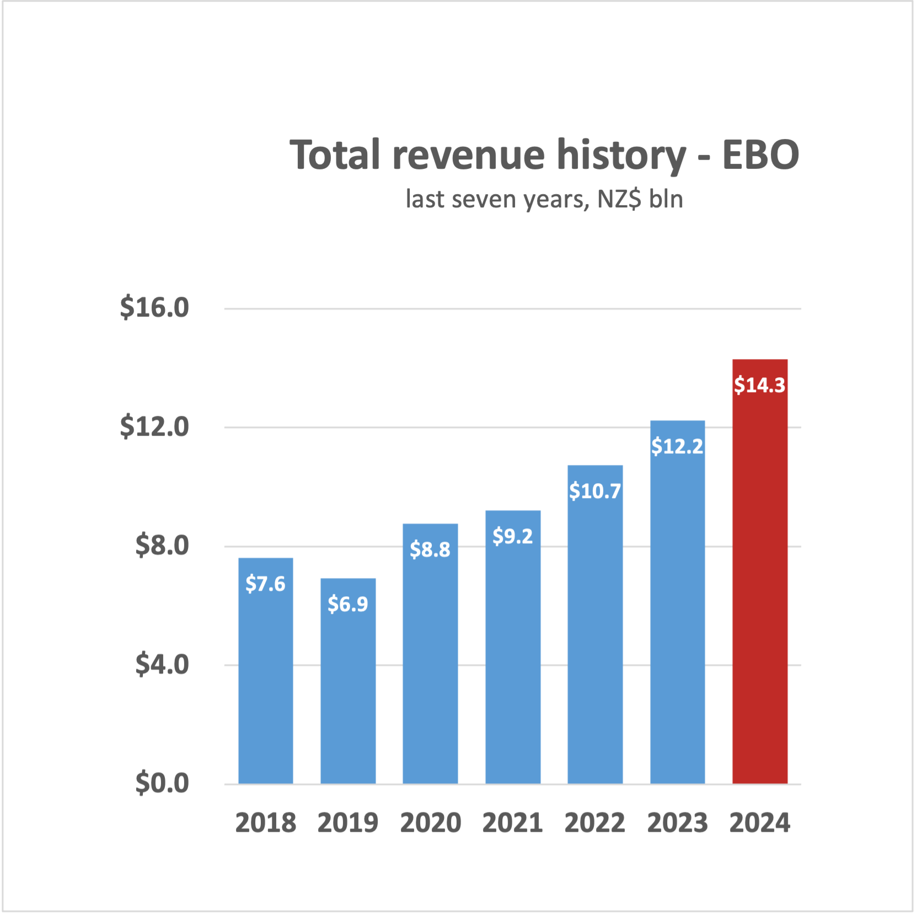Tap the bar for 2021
513,662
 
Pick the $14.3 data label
759,384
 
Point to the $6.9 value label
348,604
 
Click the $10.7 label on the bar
595,490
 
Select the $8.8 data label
430,549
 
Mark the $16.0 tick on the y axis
154,307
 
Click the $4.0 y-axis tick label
162,664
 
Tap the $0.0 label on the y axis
162,783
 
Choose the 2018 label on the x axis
265,823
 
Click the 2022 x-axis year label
594,823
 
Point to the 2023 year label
677,823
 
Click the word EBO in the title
760,154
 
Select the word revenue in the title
469,154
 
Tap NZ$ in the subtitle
619,199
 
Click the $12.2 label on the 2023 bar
677,446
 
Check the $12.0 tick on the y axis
154,426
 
